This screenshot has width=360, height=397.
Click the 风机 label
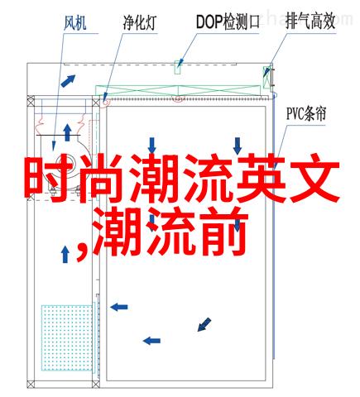[75, 23]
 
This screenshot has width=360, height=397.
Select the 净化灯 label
[140, 22]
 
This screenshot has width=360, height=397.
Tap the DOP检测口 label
[228, 22]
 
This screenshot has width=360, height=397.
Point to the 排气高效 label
[310, 22]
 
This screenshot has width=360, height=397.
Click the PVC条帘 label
[306, 113]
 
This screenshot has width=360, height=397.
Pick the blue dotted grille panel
[67, 337]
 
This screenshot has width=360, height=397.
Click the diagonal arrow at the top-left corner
[68, 81]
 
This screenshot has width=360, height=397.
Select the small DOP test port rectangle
[177, 67]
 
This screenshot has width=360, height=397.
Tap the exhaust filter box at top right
[267, 77]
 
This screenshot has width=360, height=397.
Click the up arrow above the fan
[67, 132]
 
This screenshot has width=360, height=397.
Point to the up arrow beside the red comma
[65, 254]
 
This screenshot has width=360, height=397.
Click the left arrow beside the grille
[119, 307]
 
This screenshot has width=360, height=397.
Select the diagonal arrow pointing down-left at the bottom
[204, 324]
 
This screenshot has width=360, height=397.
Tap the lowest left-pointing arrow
[151, 341]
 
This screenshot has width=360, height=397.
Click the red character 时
[49, 179]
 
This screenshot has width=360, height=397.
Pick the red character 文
[314, 179]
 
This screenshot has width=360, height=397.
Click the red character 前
[223, 231]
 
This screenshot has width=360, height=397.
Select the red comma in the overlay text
[83, 251]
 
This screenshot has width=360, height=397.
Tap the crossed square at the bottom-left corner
[31, 384]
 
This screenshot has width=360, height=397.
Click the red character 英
[262, 179]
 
